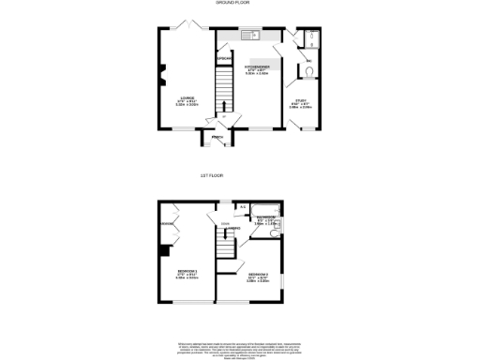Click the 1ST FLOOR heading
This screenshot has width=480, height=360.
pos(212,175)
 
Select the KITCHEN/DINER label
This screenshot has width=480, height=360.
pos(257,68)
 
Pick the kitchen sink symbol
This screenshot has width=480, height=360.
pos(250,37)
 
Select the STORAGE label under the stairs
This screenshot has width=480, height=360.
pos(223,60)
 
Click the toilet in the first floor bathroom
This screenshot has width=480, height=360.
pos(279,224)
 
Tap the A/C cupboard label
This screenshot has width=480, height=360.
pos(243,206)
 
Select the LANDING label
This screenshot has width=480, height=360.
pos(226,225)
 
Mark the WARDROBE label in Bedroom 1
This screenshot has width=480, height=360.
pos(167,224)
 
